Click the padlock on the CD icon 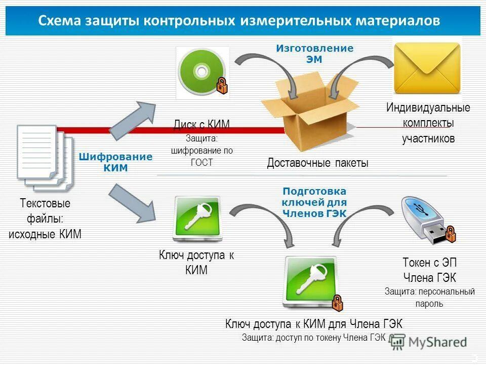pyautogui.click(x=222, y=85)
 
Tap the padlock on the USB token pyautogui.click(x=450, y=234)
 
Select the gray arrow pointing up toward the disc pyautogui.click(x=133, y=120)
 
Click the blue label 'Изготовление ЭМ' pyautogui.click(x=314, y=53)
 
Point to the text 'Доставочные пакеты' pyautogui.click(x=317, y=163)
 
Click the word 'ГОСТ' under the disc pyautogui.click(x=202, y=162)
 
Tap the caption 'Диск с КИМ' pyautogui.click(x=201, y=124)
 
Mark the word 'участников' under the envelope pyautogui.click(x=428, y=138)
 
